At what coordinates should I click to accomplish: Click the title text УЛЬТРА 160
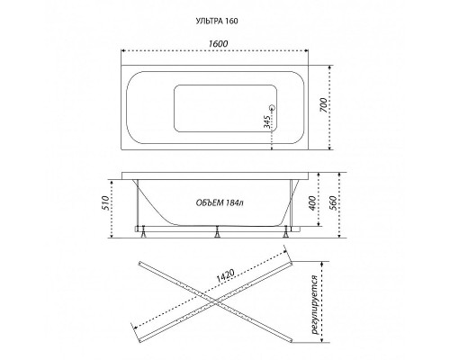coord(217,21)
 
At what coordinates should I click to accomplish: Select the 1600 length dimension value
coord(218,43)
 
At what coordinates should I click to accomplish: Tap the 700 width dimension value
coord(323,105)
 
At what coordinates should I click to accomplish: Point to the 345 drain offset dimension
coord(266,121)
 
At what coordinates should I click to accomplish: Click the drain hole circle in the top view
coord(272,107)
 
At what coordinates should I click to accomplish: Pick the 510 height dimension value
coord(104,203)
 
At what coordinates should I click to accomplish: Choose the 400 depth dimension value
coord(312,203)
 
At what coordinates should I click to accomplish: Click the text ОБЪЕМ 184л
coord(220,203)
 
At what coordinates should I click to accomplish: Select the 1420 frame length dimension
coord(225,276)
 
